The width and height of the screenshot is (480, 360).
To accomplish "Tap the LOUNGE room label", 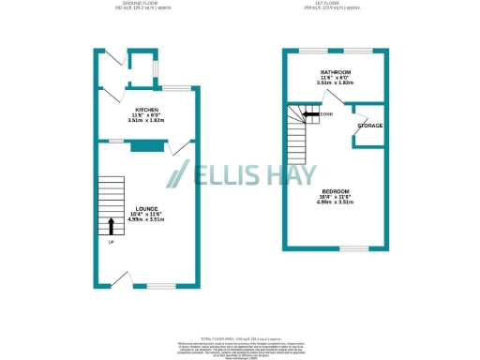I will coord(146,208).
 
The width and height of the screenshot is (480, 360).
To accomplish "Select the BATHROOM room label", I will coord(336,72).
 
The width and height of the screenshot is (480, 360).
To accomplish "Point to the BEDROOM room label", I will coord(335,190).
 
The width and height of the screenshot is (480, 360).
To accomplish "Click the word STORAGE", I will coord(368,124).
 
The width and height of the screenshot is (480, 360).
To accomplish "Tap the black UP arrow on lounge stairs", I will coord(112,226).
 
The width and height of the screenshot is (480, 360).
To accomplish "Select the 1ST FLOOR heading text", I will coord(335,4).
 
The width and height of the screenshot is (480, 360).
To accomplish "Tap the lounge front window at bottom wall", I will coord(161,285).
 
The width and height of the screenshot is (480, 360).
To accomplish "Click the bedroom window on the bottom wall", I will coord(353,248).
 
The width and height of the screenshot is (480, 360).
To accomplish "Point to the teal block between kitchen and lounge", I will coord(144,145).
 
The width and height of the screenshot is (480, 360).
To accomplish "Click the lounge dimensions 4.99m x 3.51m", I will coord(146,219).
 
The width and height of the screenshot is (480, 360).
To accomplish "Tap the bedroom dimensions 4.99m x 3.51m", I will coord(335,202).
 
